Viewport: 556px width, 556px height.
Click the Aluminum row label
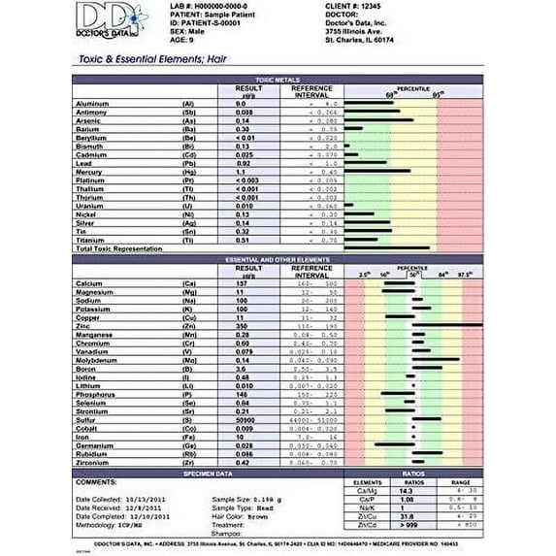pos(96,103)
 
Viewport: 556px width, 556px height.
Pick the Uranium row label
pos(93,206)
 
